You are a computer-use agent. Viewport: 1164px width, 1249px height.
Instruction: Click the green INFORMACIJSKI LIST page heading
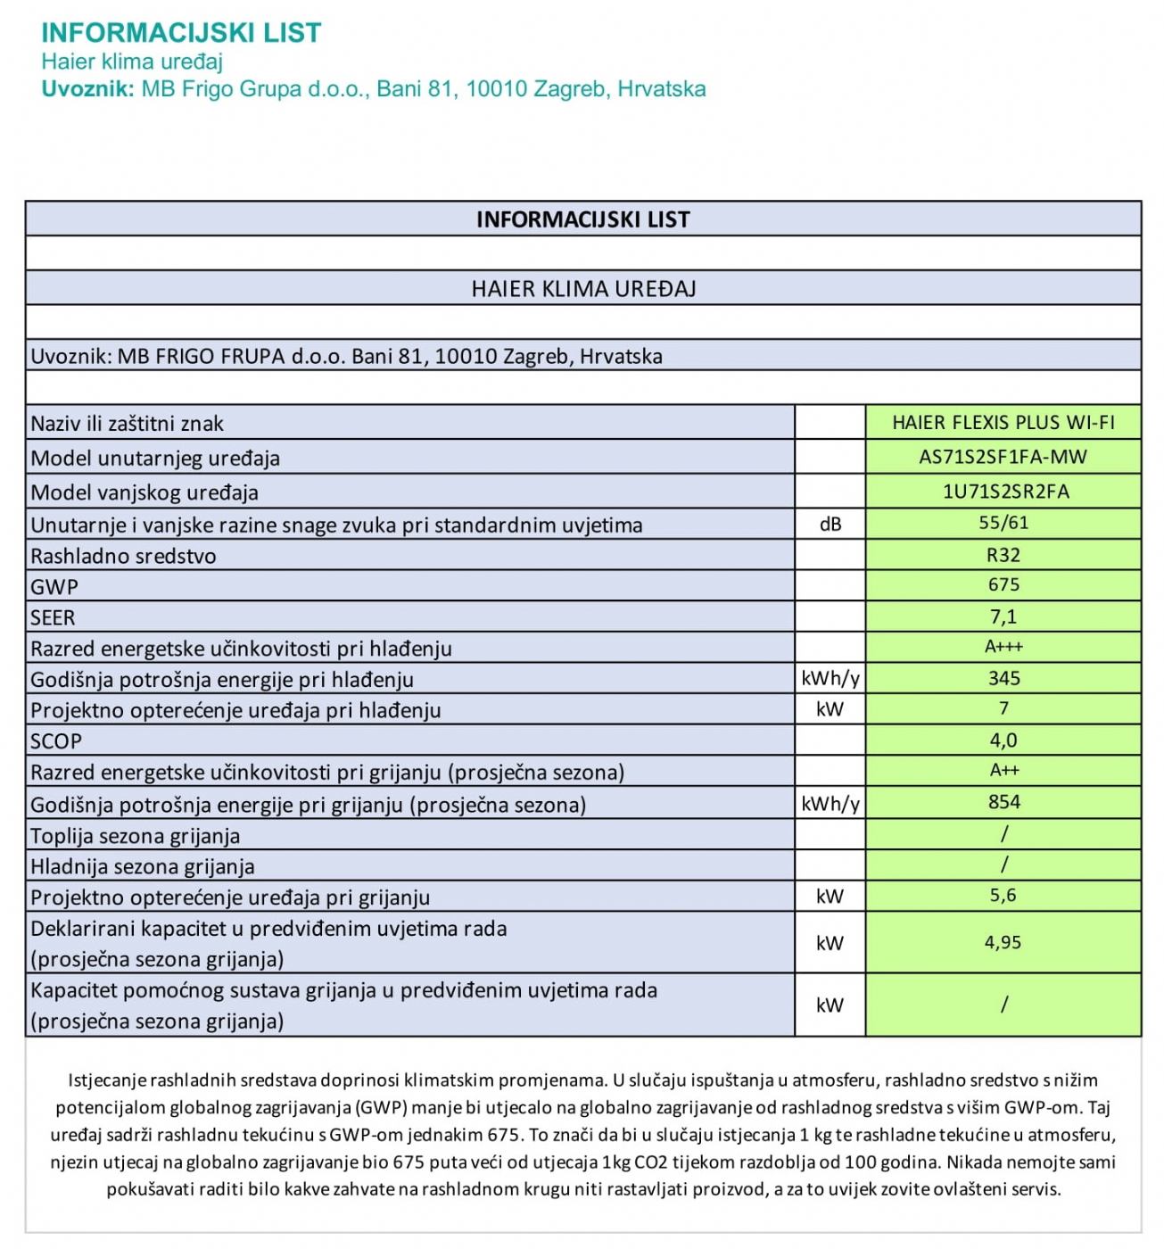tap(181, 33)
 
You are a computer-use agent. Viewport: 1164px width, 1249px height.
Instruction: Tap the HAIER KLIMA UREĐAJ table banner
tap(583, 288)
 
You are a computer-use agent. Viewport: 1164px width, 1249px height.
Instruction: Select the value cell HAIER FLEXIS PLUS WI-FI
tap(1003, 422)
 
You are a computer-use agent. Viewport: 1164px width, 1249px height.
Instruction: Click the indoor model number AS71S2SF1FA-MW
tap(1003, 457)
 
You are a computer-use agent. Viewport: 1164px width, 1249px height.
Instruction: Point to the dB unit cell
tap(830, 525)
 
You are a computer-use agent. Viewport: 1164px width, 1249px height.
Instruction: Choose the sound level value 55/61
tap(1003, 523)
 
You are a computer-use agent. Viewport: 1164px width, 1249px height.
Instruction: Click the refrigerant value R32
tap(1003, 555)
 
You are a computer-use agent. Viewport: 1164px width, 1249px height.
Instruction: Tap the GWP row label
tap(54, 587)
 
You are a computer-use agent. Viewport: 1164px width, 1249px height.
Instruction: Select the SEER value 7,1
tap(1003, 616)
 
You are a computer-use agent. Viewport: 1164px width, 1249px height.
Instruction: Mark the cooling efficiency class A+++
tap(1003, 647)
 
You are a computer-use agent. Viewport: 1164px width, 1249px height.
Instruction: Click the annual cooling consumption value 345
tap(1003, 678)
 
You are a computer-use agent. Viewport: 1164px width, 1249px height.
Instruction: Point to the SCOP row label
tap(56, 741)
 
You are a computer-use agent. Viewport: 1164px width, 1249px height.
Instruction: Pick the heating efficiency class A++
tap(1003, 770)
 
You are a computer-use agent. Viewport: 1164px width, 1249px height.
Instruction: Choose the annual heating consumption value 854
tap(1003, 802)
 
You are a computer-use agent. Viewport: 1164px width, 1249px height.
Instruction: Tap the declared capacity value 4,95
tap(1003, 942)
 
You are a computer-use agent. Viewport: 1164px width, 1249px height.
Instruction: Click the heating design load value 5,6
tap(1003, 895)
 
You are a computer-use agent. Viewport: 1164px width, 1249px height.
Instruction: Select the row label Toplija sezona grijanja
tap(135, 836)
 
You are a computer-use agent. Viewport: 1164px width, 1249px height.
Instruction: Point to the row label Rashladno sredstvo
tap(123, 556)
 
